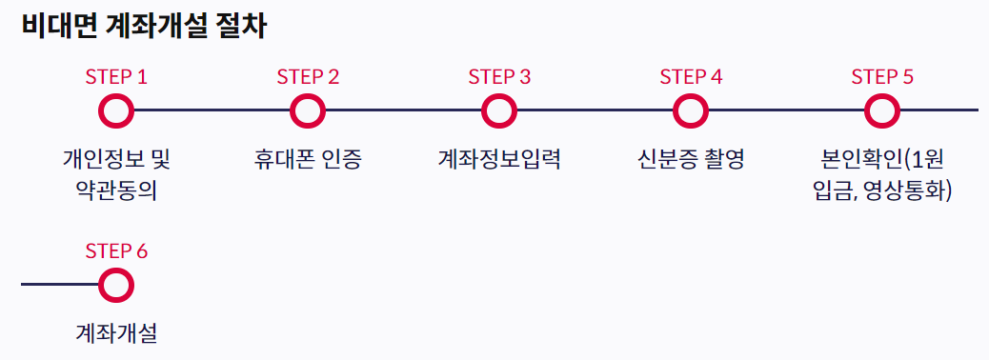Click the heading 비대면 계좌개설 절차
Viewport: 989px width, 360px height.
[143, 27]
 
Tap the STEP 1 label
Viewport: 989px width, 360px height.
[116, 77]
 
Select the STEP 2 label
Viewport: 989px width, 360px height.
[308, 77]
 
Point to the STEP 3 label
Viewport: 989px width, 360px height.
[499, 77]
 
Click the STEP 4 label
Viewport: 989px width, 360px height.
[691, 77]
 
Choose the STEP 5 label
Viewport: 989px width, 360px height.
[882, 77]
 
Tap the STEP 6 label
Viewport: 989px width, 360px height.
[116, 251]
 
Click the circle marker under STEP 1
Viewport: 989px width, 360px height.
[116, 110]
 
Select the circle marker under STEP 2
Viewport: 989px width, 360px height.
[308, 110]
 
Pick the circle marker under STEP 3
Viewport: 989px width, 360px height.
[499, 110]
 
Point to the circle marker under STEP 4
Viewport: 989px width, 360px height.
[691, 110]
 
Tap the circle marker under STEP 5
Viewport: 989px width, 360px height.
[882, 110]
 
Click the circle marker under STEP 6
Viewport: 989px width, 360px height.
[116, 285]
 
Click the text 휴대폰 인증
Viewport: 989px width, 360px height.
[308, 159]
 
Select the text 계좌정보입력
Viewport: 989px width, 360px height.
[499, 159]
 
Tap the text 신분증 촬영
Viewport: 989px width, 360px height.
[691, 159]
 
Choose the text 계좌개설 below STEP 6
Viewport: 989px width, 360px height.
[116, 333]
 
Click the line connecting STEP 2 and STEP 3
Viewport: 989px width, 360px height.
[403, 110]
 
